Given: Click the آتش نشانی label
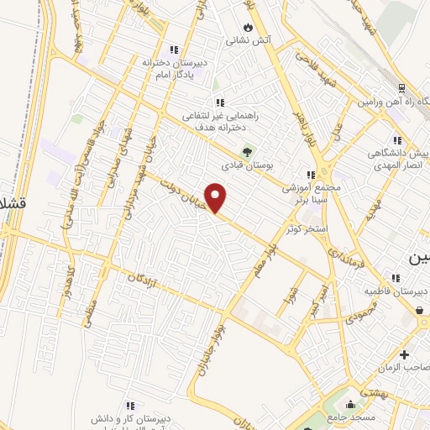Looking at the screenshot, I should pos(246,39).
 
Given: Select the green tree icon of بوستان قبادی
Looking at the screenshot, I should pos(247,152).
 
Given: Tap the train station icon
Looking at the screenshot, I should pos(401,89).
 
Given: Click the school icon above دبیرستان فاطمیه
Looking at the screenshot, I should pos(394,278).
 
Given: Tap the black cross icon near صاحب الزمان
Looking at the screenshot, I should pos(405,355).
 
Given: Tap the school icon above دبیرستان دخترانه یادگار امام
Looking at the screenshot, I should pos(174,49).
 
